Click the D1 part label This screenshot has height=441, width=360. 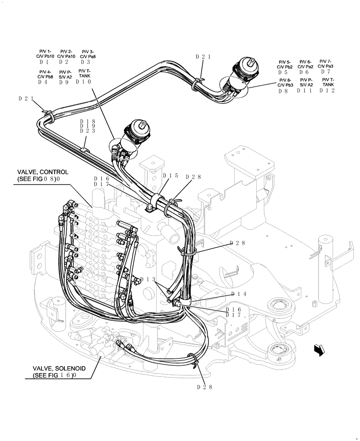coord(43,62)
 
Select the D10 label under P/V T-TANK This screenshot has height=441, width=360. coord(84,82)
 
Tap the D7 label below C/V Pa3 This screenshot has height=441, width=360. coord(326,72)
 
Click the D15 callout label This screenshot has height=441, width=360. coord(170,176)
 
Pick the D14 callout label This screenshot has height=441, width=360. coord(238,294)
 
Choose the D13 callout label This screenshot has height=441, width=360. coord(147,280)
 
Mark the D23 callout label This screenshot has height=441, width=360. coord(88,131)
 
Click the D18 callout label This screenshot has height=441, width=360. coord(88,121)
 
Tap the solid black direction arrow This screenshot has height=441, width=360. coord(319,349)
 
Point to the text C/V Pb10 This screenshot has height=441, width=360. coord(45,56)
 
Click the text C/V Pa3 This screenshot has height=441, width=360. coord(326,67)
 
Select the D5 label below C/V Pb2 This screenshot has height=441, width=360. coord(283,73)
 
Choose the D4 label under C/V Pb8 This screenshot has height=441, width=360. coord(43,82)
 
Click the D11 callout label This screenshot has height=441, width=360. coord(304,90)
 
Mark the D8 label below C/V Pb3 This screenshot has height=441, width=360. coord(283,91)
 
